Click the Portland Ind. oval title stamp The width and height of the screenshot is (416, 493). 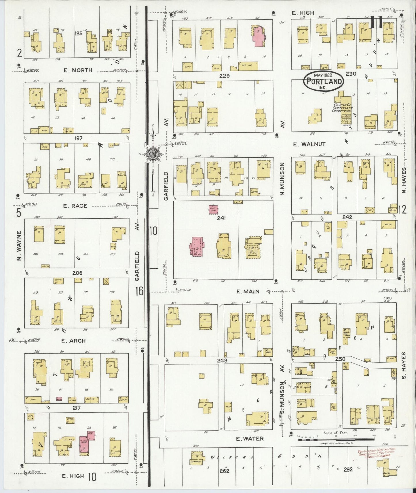coord(323,81)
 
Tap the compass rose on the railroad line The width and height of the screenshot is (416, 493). coord(152,154)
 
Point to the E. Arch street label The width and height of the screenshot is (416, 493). coord(73,341)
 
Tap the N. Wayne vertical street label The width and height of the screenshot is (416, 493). coord(19,246)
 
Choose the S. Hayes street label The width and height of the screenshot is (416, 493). coord(403,365)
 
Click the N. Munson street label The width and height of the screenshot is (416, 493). coord(282,179)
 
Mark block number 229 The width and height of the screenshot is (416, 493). coord(224,76)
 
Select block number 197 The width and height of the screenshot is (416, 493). coord(78,138)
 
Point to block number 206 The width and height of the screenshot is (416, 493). coord(77,273)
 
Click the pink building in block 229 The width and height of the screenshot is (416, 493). coord(259,37)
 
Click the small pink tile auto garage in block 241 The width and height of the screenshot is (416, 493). coord(213,209)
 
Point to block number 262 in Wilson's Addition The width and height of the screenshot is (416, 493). coord(224,471)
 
